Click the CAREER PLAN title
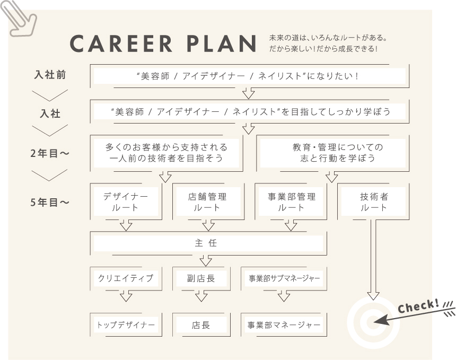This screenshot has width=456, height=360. pos(164,45)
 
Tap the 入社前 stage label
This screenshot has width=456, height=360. pos(50,75)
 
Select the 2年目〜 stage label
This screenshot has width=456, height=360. pos(50,154)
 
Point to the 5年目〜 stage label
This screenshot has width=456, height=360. pos(50,202)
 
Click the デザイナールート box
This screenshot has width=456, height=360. pos(126,201)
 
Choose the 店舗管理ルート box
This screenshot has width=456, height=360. pos(207,201)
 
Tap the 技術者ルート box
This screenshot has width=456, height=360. pos(374,201)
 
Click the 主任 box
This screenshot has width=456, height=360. pos(209,243)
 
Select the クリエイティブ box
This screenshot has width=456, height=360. pos(126,278)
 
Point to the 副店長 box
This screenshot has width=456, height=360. pos(201,278)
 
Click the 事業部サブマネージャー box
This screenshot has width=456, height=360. pos(284,278)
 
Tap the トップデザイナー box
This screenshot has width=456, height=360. pos(126,324)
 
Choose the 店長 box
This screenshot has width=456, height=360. pos(201,324)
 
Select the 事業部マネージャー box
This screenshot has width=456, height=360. pos(284,324)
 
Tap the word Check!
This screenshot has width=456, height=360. pos(418,306)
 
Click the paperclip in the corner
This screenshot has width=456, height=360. pos(21,18)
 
